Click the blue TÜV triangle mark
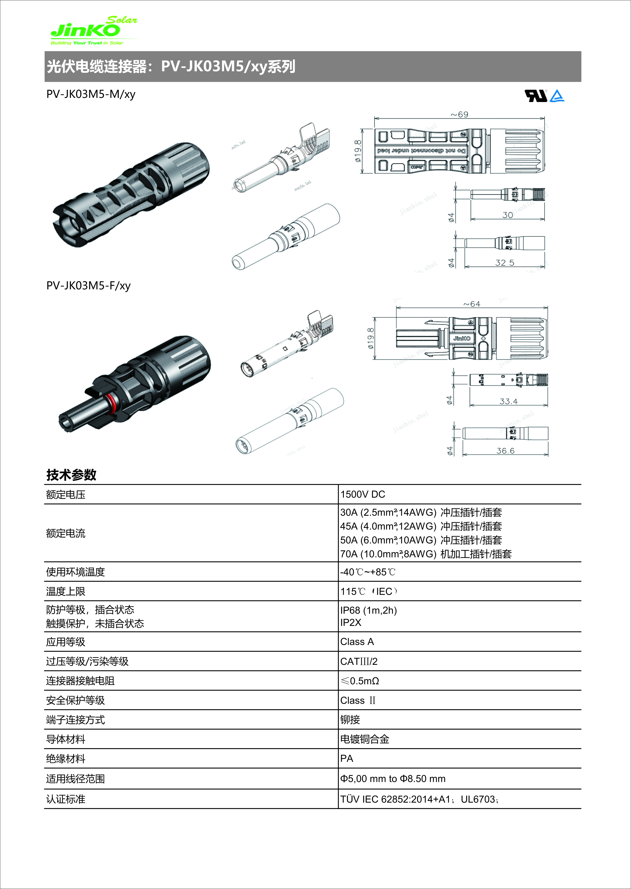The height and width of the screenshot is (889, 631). point(557,96)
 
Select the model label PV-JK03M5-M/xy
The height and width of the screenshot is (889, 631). point(91,94)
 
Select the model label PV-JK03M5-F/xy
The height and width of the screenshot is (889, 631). point(88,286)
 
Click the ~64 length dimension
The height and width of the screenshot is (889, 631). point(472,304)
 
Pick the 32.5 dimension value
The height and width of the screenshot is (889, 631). point(504,263)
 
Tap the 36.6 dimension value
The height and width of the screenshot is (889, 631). point(505,451)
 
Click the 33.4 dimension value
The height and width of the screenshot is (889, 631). point(508,402)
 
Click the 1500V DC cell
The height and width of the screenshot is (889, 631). point(362,494)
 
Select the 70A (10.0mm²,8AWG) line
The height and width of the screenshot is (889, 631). point(426,554)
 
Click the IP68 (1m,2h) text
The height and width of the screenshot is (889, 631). point(368,610)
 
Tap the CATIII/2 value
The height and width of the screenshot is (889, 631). point(359,662)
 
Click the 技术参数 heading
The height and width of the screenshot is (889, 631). point(71,475)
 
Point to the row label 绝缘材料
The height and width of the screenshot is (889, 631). point(66,759)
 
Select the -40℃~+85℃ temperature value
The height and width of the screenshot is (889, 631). point(368,572)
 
